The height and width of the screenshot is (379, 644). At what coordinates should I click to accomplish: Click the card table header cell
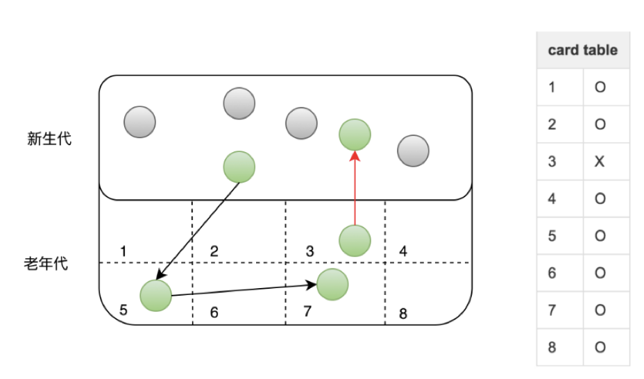tap(582, 50)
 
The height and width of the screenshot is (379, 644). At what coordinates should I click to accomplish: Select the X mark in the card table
tap(600, 162)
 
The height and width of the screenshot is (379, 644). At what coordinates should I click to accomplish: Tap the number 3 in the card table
tap(552, 162)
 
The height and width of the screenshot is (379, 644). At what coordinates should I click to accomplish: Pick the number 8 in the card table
tap(552, 347)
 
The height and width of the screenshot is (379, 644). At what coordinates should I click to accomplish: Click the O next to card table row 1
tap(600, 87)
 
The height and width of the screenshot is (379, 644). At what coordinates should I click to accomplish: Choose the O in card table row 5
tap(600, 236)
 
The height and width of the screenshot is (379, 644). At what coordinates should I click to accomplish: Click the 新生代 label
tap(49, 139)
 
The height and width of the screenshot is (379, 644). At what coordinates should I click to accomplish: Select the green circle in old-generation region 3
tap(355, 241)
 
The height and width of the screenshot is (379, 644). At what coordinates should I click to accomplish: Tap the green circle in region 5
tap(155, 296)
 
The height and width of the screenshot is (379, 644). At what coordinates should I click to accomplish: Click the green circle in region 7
tap(332, 284)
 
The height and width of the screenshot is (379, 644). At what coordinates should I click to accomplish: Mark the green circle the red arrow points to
tap(355, 134)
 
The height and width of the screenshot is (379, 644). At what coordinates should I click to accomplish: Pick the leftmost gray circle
tap(139, 121)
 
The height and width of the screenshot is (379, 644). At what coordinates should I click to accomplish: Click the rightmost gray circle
tap(414, 151)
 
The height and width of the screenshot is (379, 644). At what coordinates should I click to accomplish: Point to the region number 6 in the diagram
tap(214, 313)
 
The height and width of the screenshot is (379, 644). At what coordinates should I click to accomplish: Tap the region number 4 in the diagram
tap(403, 251)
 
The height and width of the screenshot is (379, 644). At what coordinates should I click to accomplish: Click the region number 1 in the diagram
tap(123, 251)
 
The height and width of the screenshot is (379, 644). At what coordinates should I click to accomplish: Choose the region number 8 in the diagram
tap(403, 314)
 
